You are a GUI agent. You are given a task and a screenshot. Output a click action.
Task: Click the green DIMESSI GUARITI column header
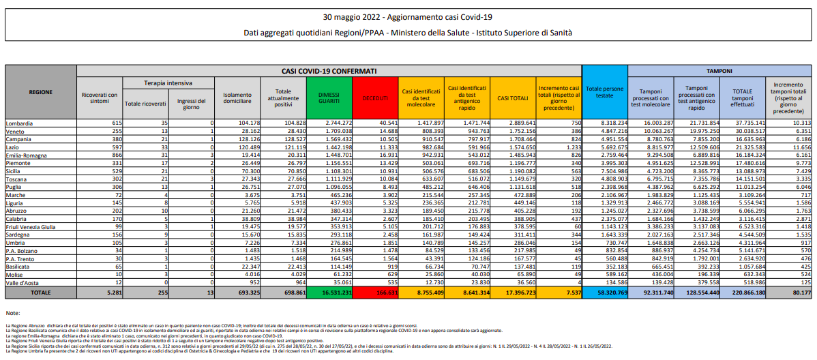[329, 98]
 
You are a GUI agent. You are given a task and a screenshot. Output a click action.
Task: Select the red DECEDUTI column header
[374, 98]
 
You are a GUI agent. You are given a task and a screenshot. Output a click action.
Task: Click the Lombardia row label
[21, 123]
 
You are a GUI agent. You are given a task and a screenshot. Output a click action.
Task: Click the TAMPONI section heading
[719, 70]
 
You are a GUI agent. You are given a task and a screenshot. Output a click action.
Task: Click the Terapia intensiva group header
[168, 82]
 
